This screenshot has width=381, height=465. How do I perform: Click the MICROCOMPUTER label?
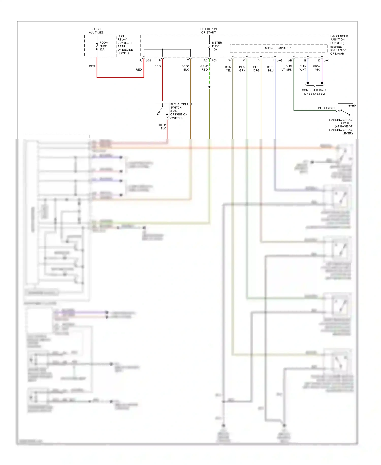click(x=278, y=48)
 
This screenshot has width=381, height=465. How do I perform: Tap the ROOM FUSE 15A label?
click(x=104, y=46)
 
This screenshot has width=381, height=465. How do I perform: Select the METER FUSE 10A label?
click(x=217, y=46)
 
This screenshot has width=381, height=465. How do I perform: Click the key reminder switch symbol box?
click(x=162, y=110)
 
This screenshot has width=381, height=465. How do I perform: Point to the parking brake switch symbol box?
click(x=345, y=110)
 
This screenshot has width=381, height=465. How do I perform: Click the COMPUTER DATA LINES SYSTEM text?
click(x=314, y=92)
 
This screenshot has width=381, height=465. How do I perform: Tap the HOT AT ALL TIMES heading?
click(x=96, y=31)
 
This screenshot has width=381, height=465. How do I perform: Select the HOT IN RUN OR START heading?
click(x=209, y=31)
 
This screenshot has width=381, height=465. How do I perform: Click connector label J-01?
click(x=148, y=61)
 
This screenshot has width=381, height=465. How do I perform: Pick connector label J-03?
click(x=214, y=61)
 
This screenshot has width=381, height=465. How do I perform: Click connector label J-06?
click(x=279, y=61)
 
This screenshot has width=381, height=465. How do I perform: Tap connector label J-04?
click(x=326, y=61)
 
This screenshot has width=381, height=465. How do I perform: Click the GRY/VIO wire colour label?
click(x=317, y=68)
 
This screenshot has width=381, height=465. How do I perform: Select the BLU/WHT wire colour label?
click(x=303, y=68)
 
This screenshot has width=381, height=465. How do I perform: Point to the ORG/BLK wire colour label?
click(x=185, y=68)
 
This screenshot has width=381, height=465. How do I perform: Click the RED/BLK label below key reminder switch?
click(x=162, y=127)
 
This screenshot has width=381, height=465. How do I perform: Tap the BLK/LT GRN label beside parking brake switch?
click(x=326, y=108)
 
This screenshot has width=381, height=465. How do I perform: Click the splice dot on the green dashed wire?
click(x=209, y=87)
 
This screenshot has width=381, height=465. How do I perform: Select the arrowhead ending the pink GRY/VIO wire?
click(x=322, y=83)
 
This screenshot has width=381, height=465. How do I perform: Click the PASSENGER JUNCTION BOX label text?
click(x=339, y=45)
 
